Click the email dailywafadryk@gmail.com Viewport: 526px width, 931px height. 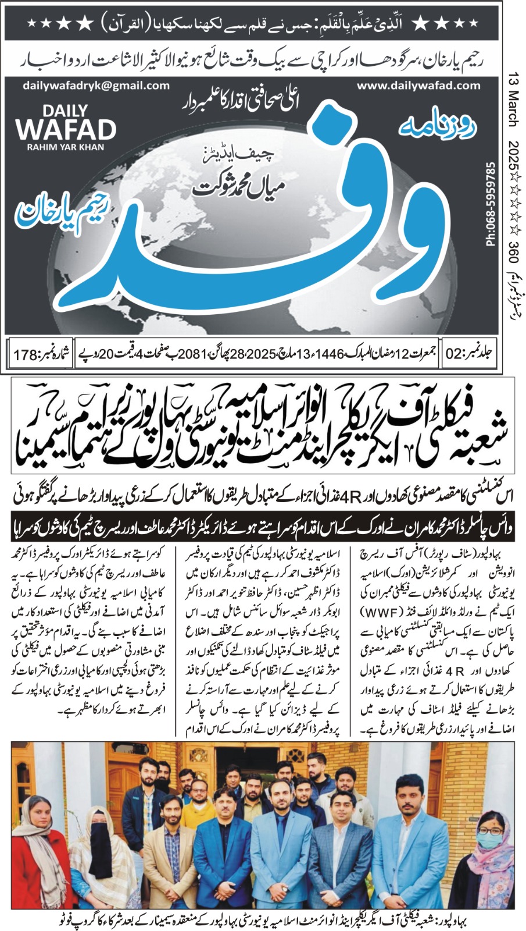coord(96,86)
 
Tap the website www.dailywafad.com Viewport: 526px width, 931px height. coord(418,86)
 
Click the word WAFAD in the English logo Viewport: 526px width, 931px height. coord(66,129)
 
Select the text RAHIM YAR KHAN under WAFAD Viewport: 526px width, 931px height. coord(66,147)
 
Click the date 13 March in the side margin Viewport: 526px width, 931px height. coord(512,99)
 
